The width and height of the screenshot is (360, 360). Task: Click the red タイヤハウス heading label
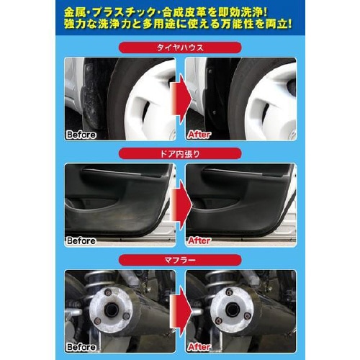click(180, 48)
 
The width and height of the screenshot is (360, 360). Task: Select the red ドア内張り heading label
click(180, 153)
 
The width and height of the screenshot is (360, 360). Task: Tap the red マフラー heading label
click(180, 260)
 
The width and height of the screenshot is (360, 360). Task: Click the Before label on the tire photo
click(81, 135)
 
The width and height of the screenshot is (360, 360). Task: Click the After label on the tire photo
click(199, 135)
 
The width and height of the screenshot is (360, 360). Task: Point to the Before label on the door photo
click(81, 240)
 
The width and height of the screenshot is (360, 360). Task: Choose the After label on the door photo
click(199, 240)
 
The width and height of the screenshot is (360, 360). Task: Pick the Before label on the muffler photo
click(81, 347)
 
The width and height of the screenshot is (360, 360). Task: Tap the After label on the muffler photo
click(199, 347)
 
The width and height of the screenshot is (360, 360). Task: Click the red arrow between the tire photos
click(181, 99)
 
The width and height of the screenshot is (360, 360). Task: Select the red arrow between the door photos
click(181, 205)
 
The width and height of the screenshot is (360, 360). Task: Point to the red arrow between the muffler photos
click(181, 311)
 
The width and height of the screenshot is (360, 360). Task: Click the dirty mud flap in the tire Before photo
click(92, 96)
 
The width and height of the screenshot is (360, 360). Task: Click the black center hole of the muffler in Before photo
click(112, 310)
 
